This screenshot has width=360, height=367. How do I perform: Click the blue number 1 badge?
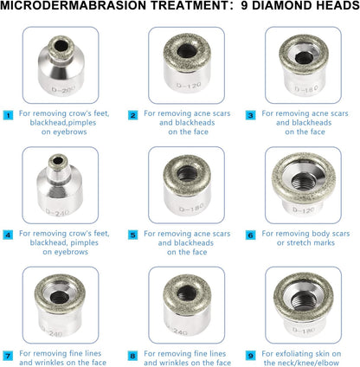(x=8, y=114)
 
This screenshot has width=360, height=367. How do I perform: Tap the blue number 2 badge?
(x=132, y=114)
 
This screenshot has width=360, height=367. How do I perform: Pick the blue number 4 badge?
(x=8, y=234)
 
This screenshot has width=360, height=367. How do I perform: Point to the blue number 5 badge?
(x=132, y=234)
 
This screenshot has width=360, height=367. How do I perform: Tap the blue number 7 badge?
(x=8, y=354)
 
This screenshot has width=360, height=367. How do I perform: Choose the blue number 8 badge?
(x=132, y=354)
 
